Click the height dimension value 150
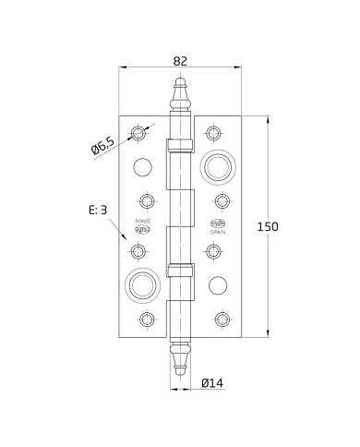pyautogui.click(x=294, y=227)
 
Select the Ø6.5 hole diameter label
pyautogui.click(x=102, y=146)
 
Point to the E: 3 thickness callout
pyautogui.click(x=99, y=211)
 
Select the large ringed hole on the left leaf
pyautogui.click(x=140, y=284)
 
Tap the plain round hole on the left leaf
pyautogui.click(x=141, y=167)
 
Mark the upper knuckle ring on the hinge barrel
pyautogui.click(x=180, y=145)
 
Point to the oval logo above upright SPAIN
pyautogui.click(x=220, y=223)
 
